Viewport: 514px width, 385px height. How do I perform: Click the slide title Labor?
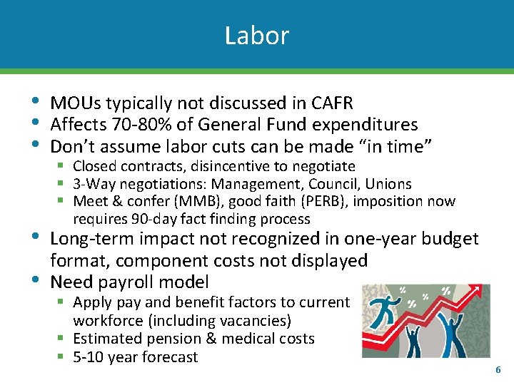256,36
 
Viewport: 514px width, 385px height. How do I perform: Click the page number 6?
498,370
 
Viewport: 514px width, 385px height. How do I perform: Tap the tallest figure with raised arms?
452,335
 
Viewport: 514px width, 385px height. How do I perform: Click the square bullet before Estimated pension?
62,339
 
